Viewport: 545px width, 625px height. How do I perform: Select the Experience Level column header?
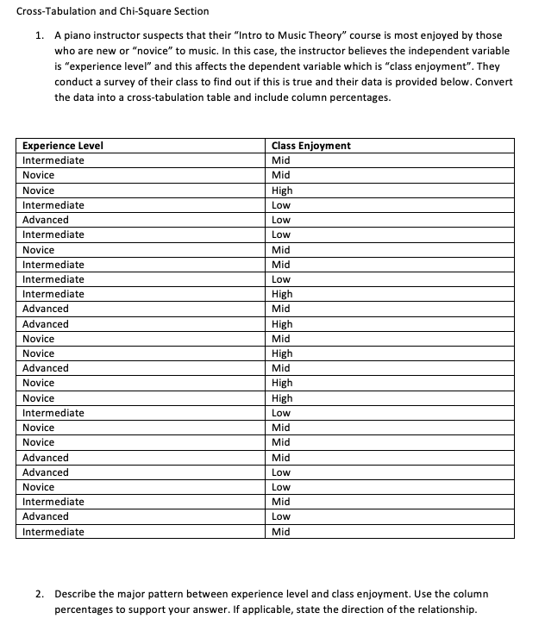pos(63,146)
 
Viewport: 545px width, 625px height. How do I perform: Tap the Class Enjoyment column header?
pos(310,146)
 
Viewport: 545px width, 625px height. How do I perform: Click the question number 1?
pos(40,35)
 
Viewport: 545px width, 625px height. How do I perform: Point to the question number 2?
pos(40,594)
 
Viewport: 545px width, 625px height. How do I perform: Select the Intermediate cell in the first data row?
pos(53,160)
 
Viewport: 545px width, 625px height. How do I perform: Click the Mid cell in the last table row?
pos(280,532)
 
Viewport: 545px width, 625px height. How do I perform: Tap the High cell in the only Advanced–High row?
pos(282,324)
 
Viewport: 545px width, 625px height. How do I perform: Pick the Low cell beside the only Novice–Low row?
pos(280,487)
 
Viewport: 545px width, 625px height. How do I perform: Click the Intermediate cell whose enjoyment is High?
pos(53,294)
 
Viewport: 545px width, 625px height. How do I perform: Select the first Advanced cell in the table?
pos(46,220)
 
